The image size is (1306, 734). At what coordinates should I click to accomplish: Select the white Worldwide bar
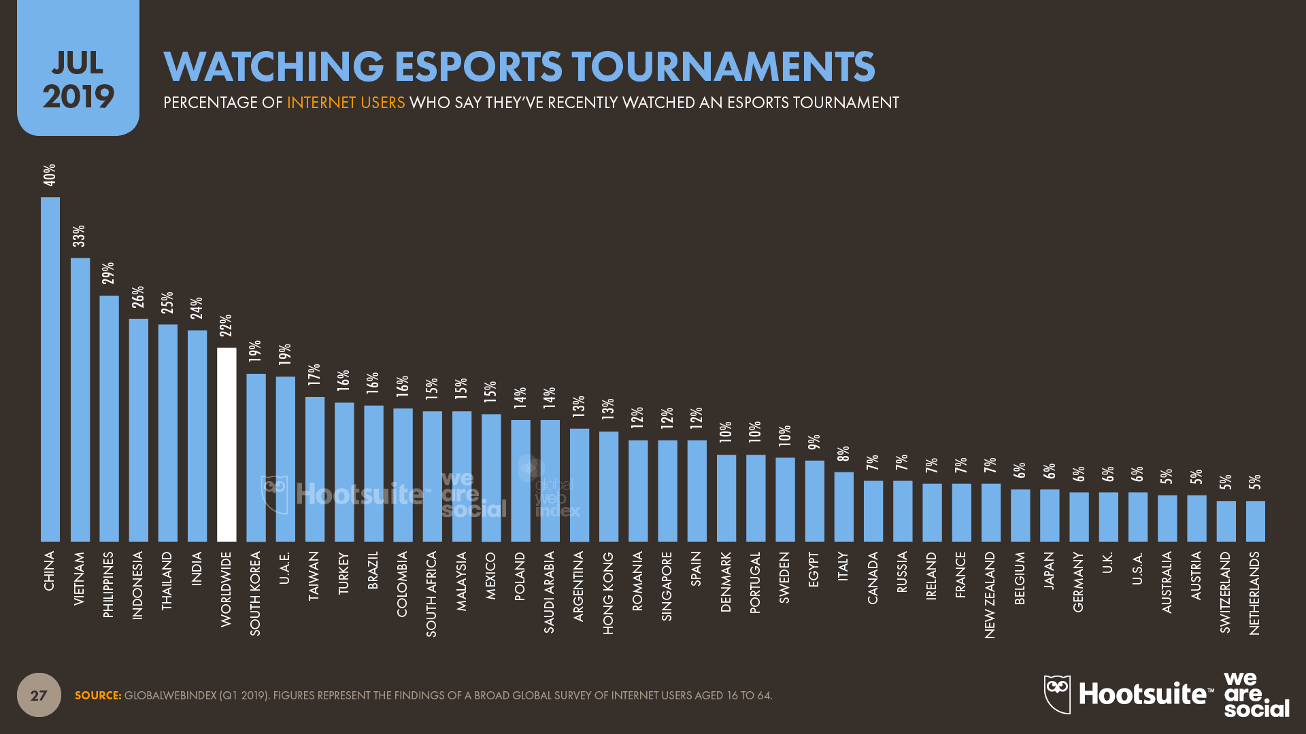[227, 444]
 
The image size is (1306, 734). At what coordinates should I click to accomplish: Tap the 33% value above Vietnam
[80, 236]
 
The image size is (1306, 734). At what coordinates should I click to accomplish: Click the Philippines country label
[109, 584]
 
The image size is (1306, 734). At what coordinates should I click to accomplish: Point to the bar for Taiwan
[315, 469]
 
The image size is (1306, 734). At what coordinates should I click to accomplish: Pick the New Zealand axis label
[990, 595]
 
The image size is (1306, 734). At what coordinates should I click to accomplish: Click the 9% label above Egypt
[814, 442]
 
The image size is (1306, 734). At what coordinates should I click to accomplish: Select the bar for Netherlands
[1256, 521]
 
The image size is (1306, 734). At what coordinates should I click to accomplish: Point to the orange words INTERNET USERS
[346, 103]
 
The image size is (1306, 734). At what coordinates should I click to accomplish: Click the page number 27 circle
[39, 695]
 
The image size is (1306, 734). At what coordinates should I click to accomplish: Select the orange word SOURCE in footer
[97, 695]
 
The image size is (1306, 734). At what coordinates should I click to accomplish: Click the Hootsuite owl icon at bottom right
[1057, 694]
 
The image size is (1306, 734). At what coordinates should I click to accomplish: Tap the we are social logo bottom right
[1256, 695]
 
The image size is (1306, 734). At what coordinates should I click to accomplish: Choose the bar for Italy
[844, 507]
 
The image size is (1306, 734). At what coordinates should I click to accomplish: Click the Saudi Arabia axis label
[550, 592]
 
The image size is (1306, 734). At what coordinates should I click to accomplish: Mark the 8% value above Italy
[843, 453]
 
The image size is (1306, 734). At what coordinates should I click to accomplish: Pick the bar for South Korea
[256, 457]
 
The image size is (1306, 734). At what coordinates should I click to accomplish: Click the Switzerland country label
[1226, 592]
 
